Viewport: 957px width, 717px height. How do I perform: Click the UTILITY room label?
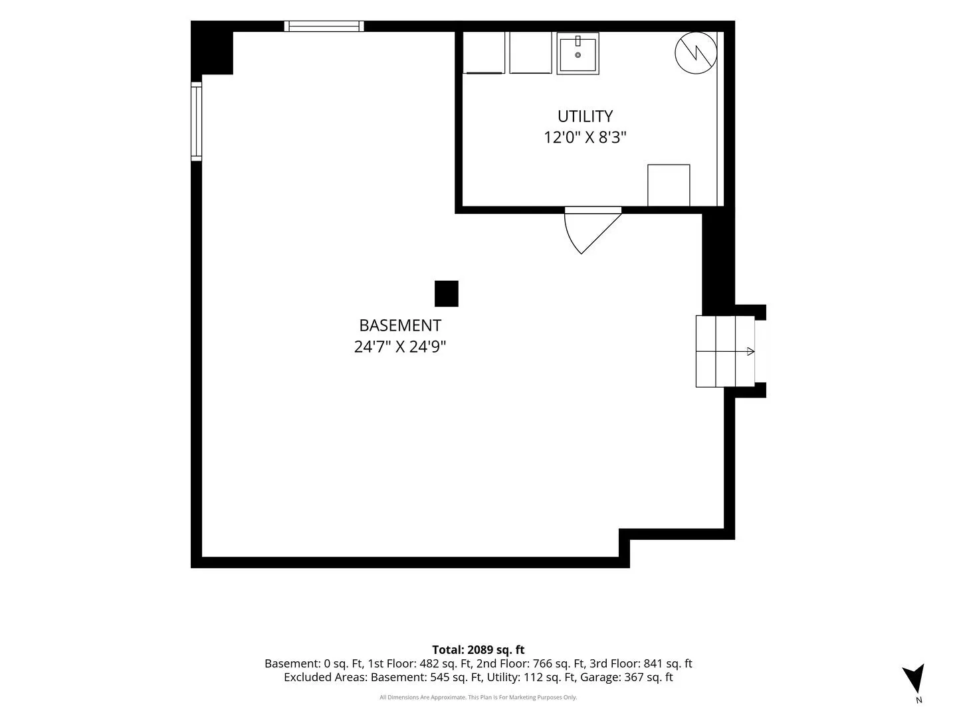pyautogui.click(x=585, y=116)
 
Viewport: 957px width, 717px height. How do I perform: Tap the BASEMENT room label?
pyautogui.click(x=400, y=325)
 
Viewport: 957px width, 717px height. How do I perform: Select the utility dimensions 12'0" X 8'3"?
pyautogui.click(x=585, y=137)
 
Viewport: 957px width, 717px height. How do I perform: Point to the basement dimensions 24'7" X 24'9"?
pyautogui.click(x=400, y=347)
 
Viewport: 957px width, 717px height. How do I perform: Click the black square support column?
pyautogui.click(x=447, y=294)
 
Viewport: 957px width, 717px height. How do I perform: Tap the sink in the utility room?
pyautogui.click(x=578, y=54)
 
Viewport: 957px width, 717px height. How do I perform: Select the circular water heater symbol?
pyautogui.click(x=696, y=52)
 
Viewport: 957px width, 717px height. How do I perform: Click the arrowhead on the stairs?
pyautogui.click(x=750, y=351)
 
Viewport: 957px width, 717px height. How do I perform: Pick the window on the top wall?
pyautogui.click(x=324, y=26)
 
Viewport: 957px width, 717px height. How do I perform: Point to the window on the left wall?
pyautogui.click(x=196, y=121)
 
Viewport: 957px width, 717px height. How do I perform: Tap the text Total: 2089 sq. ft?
pyautogui.click(x=478, y=650)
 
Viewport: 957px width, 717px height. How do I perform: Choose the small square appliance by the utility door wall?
pyautogui.click(x=669, y=185)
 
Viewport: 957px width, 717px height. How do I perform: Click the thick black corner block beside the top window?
pyautogui.click(x=212, y=48)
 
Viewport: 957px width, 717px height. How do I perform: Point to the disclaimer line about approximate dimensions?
pyautogui.click(x=478, y=697)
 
